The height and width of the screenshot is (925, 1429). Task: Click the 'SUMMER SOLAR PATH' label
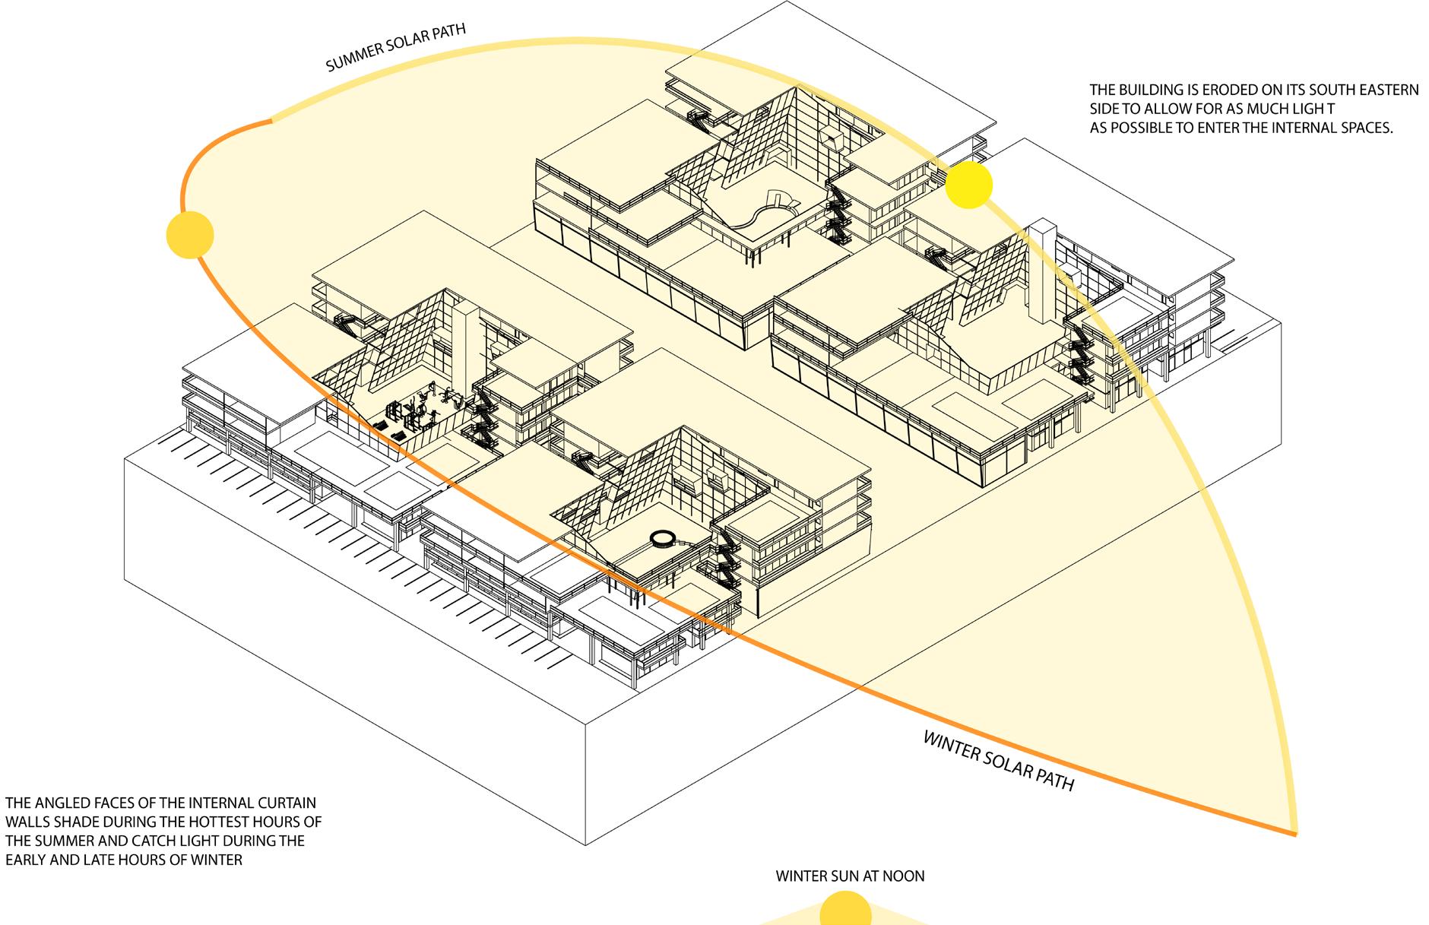[x=396, y=49]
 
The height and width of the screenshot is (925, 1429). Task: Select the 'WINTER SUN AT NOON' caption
[x=850, y=876]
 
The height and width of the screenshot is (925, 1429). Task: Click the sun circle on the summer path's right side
[x=969, y=185]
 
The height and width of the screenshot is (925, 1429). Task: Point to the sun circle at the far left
[x=190, y=235]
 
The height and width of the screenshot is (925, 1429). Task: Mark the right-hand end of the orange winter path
[x=1294, y=834]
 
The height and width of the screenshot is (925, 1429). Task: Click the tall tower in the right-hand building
[x=1040, y=274]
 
